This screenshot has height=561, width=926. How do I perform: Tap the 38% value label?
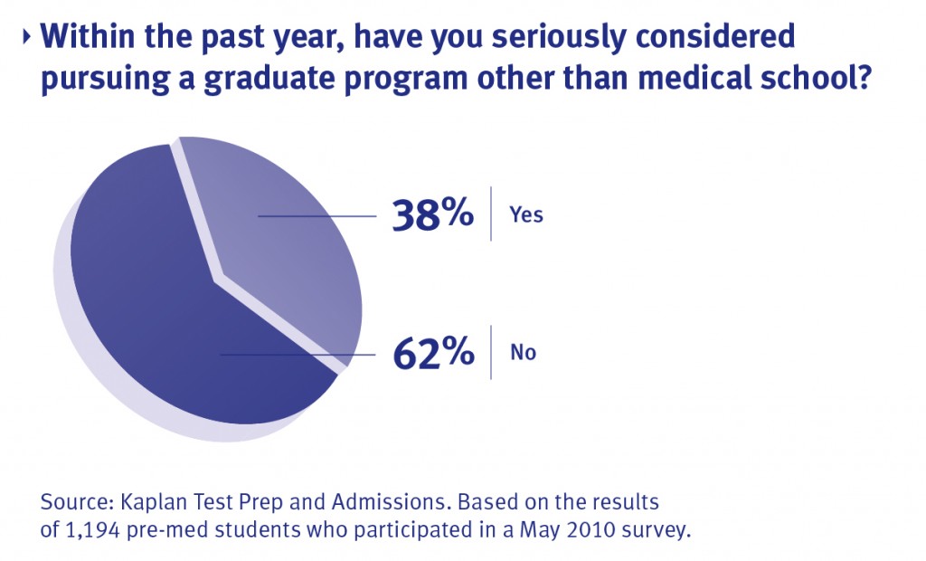click(432, 215)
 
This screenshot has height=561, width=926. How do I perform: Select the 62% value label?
click(433, 352)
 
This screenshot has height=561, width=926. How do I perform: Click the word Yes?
click(526, 215)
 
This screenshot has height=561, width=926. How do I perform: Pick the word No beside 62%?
click(523, 352)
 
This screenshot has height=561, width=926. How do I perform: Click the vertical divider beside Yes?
click(491, 214)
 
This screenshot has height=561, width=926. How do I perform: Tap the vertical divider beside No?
click(491, 351)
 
